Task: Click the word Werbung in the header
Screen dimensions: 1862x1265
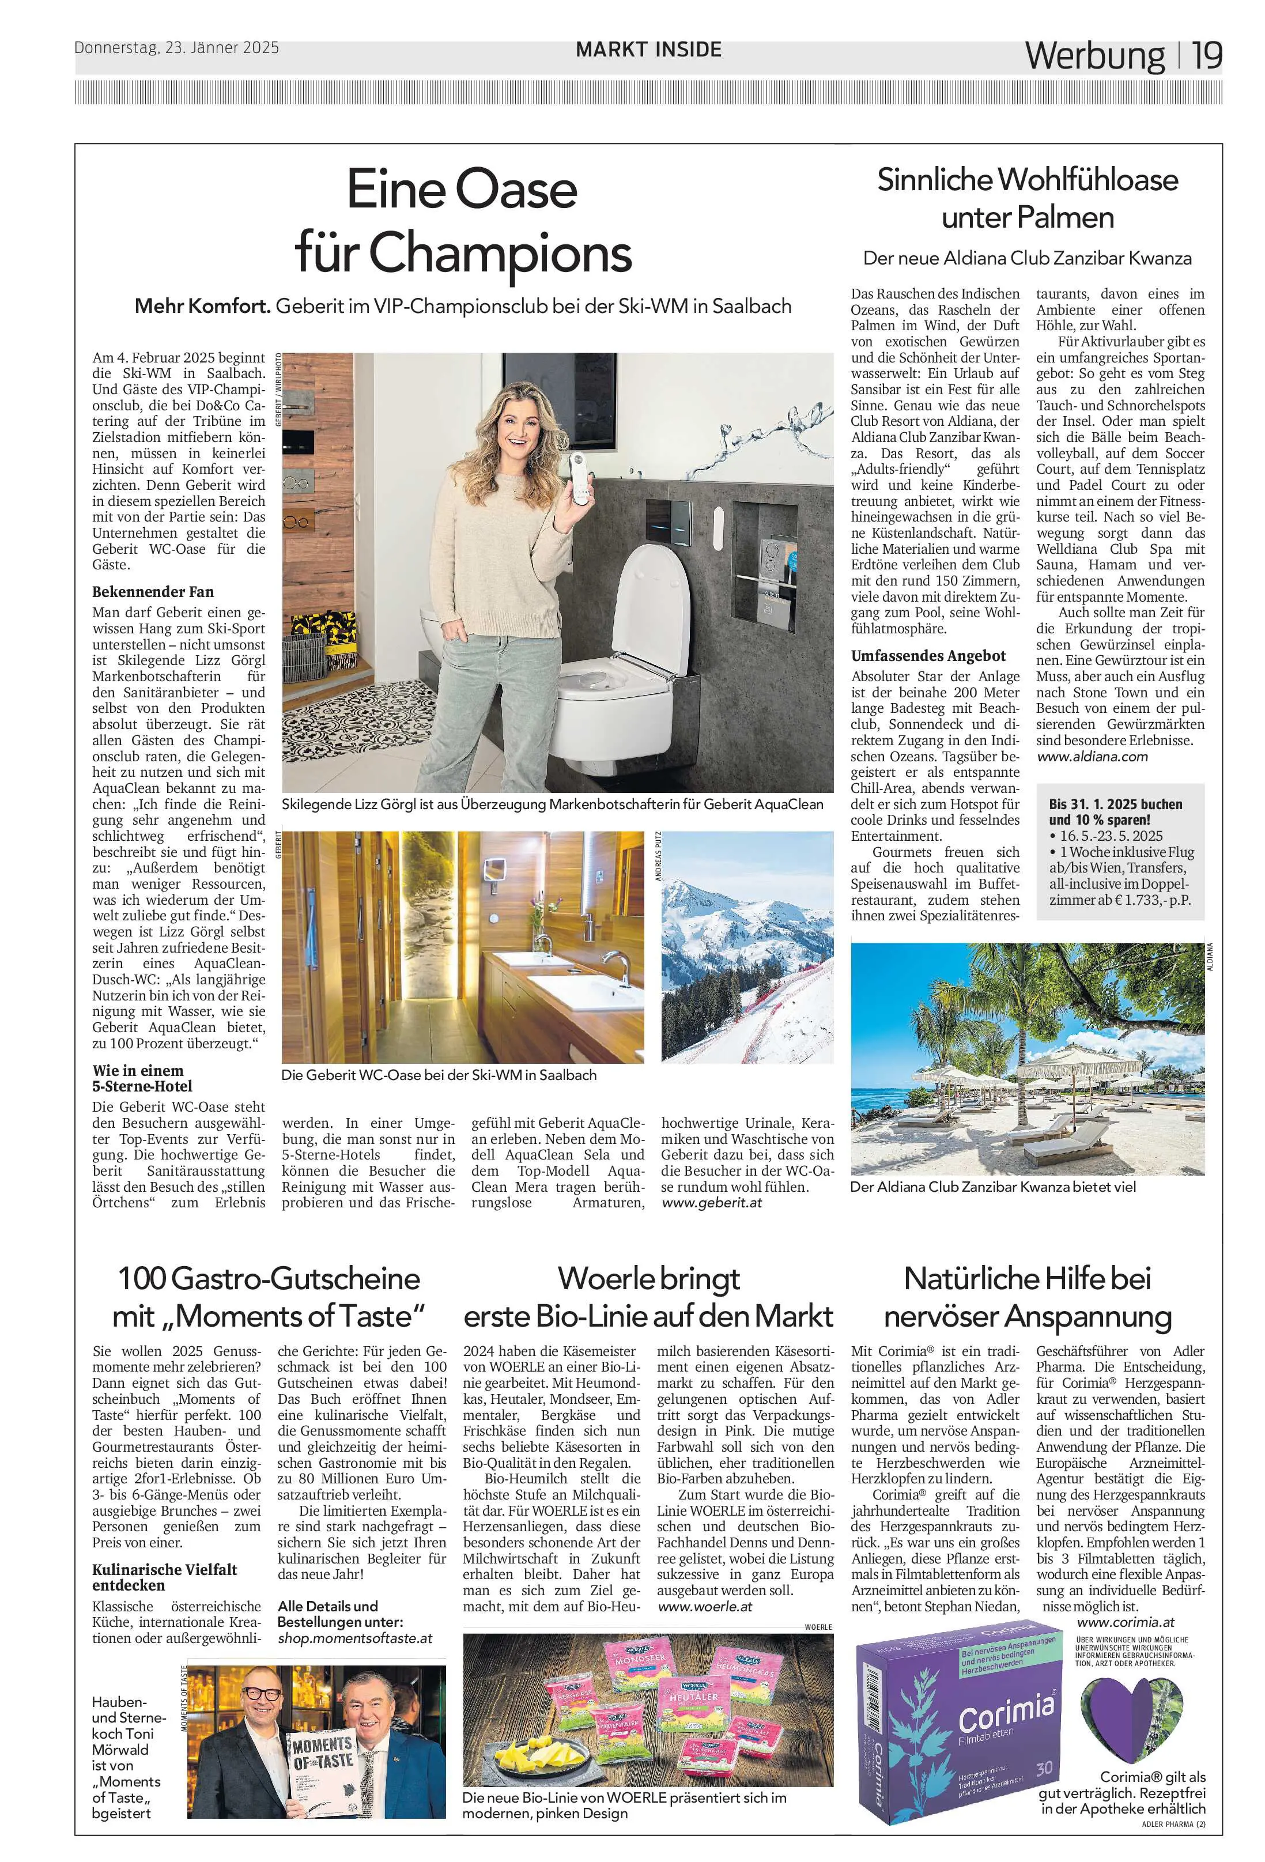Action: [x=1094, y=56]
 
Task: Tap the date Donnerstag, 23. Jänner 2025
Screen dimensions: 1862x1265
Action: [x=177, y=47]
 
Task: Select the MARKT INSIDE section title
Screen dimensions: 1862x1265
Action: [x=648, y=49]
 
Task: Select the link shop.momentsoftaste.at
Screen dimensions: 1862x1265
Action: [x=355, y=1615]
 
